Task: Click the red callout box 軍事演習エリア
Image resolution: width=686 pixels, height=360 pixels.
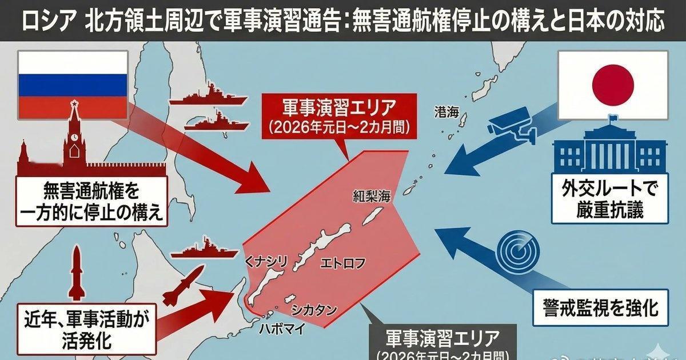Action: (339, 116)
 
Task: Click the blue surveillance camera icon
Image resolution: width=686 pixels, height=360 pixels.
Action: (511, 126)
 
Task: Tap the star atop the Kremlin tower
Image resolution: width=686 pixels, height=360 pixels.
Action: (73, 104)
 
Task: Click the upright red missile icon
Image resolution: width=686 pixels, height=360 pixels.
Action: (77, 275)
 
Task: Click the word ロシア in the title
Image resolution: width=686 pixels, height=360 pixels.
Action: (47, 22)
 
